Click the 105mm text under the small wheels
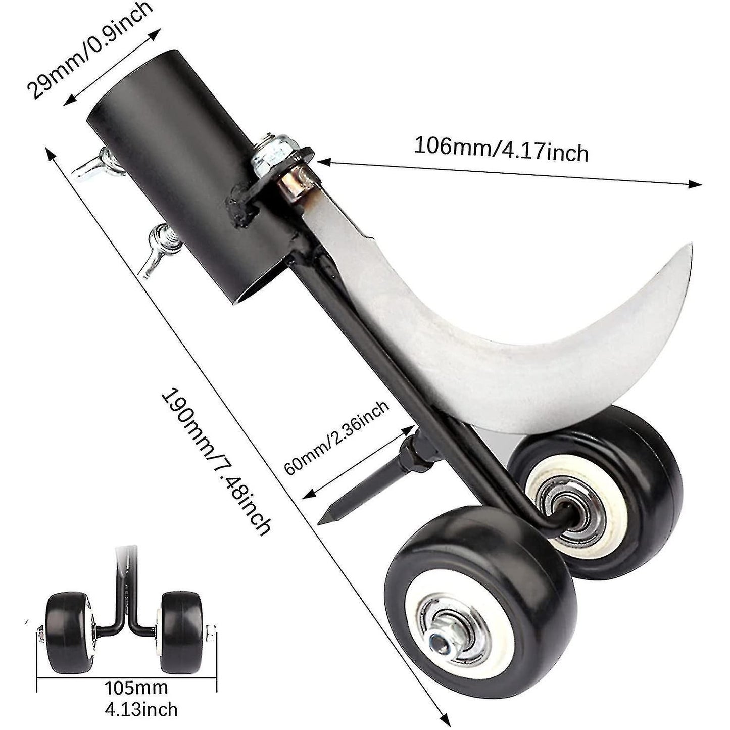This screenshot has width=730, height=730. (136, 687)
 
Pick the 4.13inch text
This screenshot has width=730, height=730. (141, 708)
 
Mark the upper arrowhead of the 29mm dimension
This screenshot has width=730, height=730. (161, 31)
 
